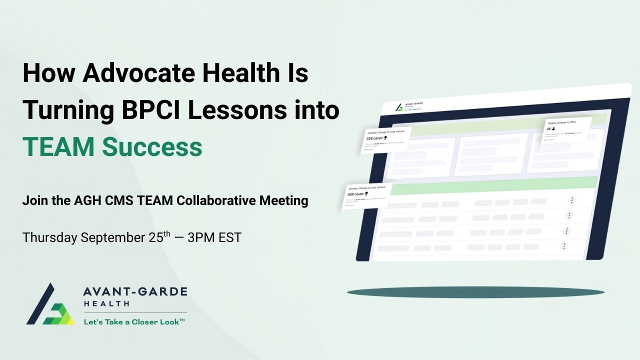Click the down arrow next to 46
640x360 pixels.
pos(553,128)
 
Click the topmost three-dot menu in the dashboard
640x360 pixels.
pos(572,200)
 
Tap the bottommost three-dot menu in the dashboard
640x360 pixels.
pos(564,246)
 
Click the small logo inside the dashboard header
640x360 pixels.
pos(399,107)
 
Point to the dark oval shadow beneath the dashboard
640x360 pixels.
pos(475,292)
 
